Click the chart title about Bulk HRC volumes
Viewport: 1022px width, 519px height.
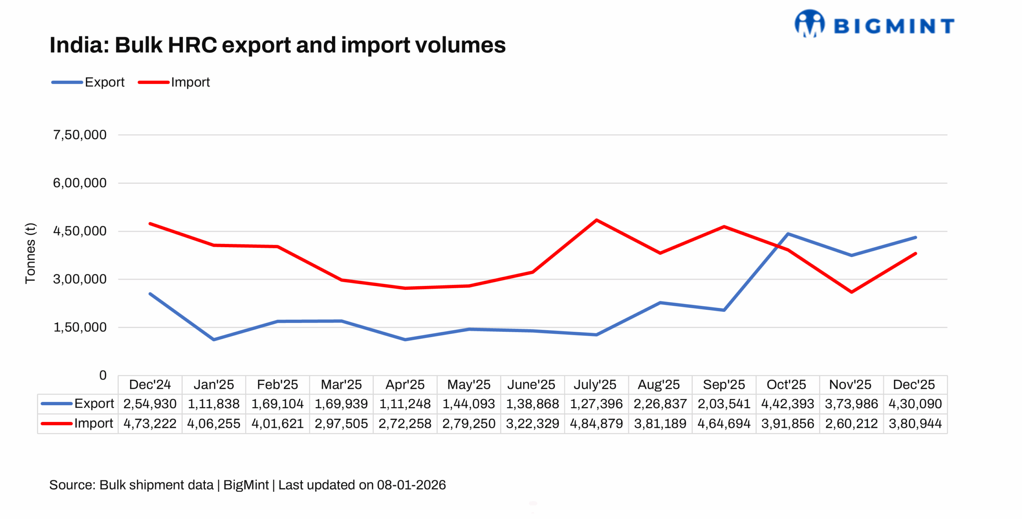[277, 45]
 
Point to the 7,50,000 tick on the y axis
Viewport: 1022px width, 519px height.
[80, 135]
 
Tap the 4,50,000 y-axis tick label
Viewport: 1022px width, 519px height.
[80, 231]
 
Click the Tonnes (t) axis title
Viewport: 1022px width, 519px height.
[30, 253]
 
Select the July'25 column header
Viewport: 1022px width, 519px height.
[595, 384]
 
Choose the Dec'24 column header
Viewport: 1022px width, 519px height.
[150, 384]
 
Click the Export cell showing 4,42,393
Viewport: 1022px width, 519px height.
[787, 404]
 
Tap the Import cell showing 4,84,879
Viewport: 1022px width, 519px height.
[596, 424]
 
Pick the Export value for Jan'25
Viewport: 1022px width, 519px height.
[214, 404]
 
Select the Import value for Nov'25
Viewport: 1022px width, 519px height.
[851, 424]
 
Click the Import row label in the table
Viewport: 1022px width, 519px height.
[93, 423]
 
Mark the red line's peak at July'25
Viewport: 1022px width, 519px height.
[596, 220]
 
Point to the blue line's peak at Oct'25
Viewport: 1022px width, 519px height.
[787, 234]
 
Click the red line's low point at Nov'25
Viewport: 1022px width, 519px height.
[852, 292]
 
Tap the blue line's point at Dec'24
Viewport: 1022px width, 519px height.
[150, 294]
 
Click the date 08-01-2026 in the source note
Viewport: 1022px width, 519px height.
[411, 485]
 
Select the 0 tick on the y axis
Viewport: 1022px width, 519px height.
[103, 375]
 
